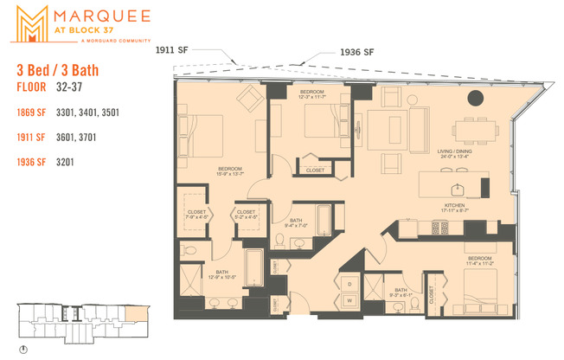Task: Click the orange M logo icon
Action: [32, 22]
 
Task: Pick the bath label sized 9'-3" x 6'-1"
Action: [401, 292]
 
